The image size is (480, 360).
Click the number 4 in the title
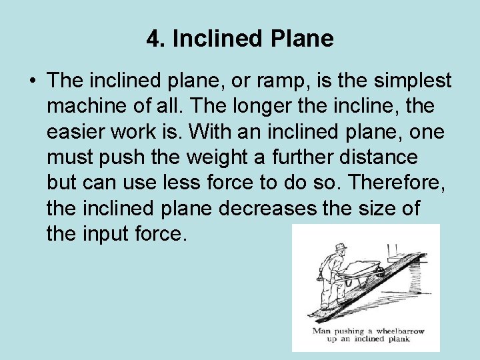(153, 39)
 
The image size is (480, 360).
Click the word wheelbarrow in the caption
(397, 331)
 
